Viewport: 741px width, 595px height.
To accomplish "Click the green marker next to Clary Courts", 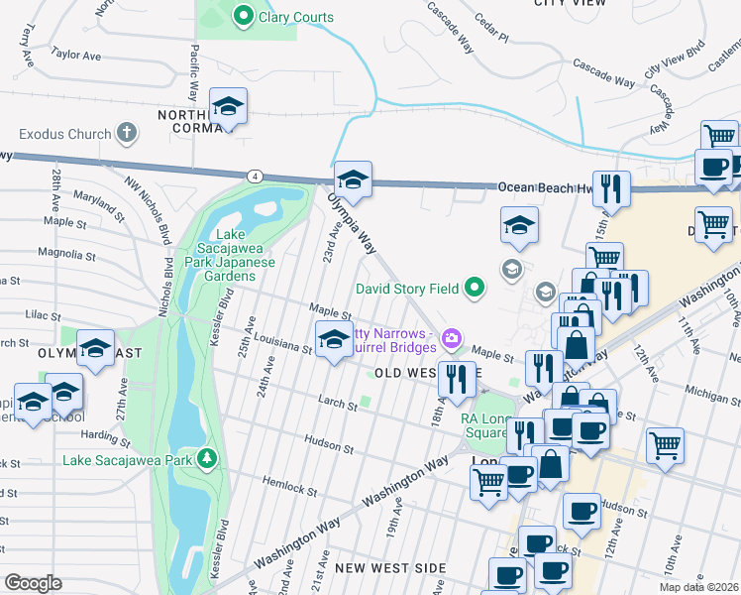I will click(x=243, y=16).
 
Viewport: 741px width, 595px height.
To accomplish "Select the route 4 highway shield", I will click(x=256, y=176).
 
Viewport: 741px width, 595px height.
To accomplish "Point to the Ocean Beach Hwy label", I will click(x=543, y=186).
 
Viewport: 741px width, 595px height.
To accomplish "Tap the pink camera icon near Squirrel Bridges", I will click(x=452, y=340).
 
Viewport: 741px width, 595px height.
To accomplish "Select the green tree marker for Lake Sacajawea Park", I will click(x=206, y=458).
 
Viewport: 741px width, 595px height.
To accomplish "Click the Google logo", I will click(x=33, y=583).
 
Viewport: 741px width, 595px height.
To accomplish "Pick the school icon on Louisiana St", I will click(x=334, y=339).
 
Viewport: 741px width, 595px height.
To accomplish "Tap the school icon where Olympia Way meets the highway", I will click(x=352, y=178).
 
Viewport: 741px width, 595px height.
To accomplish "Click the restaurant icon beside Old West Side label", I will click(x=457, y=378).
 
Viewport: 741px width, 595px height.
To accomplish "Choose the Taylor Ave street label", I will click(x=76, y=56).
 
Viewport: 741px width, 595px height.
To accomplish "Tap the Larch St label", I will click(x=338, y=405).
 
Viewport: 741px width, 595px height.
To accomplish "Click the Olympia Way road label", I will click(x=354, y=223).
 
